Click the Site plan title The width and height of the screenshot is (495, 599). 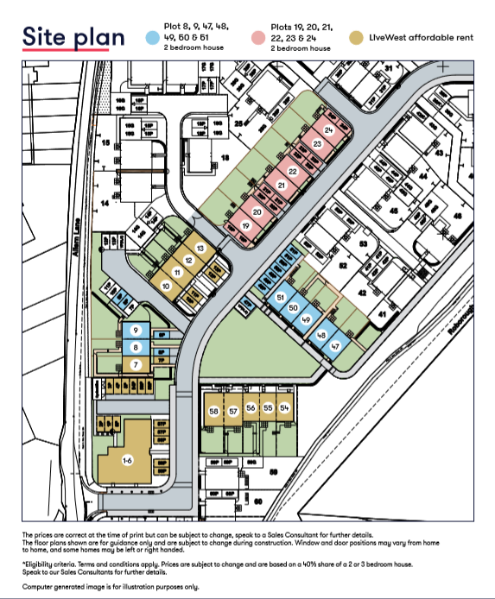point(73,37)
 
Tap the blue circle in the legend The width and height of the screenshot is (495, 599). point(152,38)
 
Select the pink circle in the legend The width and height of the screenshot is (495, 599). point(259,38)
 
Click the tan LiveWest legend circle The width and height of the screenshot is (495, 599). point(356,38)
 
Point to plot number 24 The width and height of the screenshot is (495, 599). point(327,129)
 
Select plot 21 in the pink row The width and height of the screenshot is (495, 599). point(281,186)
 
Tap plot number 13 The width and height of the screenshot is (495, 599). point(200,249)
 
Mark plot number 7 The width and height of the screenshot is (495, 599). point(135,364)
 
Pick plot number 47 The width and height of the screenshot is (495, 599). point(336,346)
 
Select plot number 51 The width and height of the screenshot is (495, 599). point(280,297)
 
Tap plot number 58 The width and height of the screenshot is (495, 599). point(214,412)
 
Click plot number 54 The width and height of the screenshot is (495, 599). point(284,407)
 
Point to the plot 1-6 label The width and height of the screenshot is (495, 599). point(127,462)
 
